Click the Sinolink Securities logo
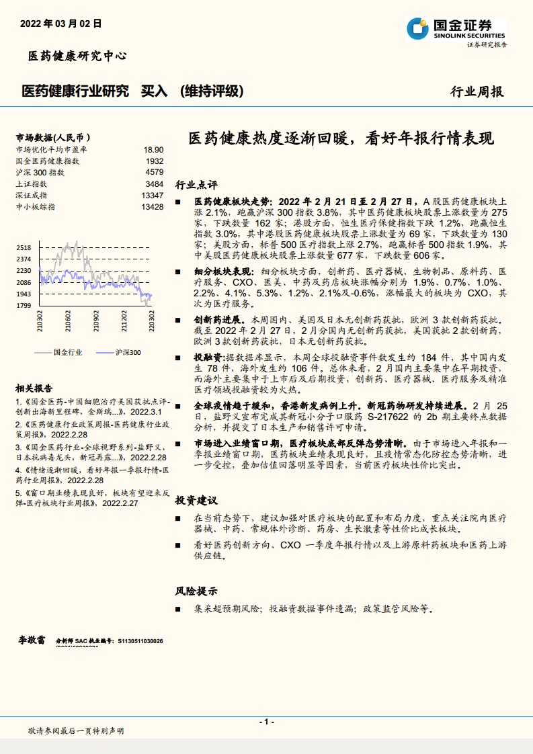tap(456, 29)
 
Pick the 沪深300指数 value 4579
tap(154, 172)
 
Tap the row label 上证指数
tap(31, 183)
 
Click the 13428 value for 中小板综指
tap(153, 206)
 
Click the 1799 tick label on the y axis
tap(24, 306)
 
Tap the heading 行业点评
tap(196, 184)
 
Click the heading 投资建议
tap(196, 501)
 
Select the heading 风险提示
tap(196, 591)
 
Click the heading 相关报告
tap(34, 388)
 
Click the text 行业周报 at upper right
tap(477, 92)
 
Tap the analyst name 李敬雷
tap(31, 640)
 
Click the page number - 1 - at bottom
tap(266, 721)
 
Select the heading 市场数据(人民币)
tap(53, 137)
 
